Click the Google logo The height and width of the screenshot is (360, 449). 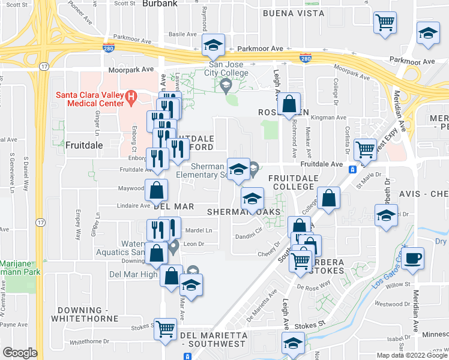pos(20,353)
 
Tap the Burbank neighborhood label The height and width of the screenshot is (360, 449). pos(160,4)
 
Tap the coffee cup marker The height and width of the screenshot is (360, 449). pos(411,259)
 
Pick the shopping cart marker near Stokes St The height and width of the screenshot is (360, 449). pos(165,329)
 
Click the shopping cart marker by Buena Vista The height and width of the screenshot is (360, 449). pos(385,23)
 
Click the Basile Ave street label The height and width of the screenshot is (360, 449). pos(181,34)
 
